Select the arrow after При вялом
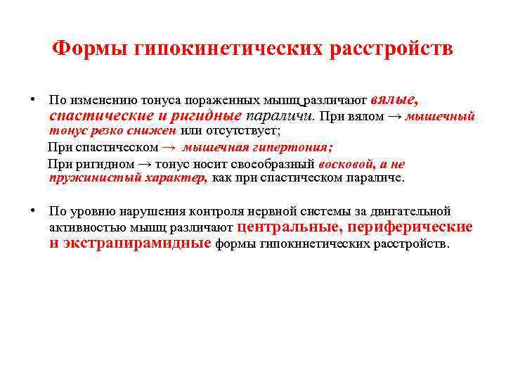(x=394, y=116)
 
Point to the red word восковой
(x=344, y=164)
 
